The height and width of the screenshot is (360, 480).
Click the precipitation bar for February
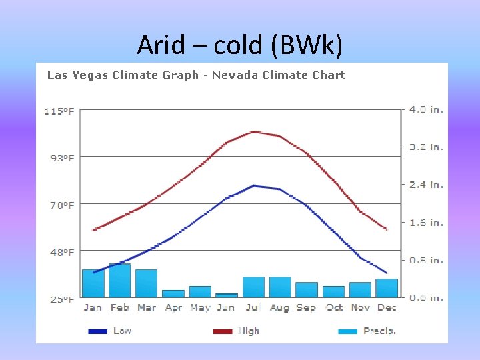[x=120, y=281]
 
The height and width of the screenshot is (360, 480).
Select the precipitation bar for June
[x=227, y=295]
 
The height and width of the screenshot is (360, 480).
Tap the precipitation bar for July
[x=253, y=287]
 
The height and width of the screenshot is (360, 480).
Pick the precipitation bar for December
[x=387, y=288]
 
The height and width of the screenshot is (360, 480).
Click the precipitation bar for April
[x=173, y=293]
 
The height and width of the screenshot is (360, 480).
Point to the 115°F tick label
[x=59, y=111]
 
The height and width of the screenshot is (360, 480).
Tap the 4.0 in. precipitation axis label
[x=427, y=109]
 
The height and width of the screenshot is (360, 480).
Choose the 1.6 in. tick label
[x=427, y=223]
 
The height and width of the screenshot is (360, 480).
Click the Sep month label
[x=306, y=307]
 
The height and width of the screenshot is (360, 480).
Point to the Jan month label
[x=93, y=307]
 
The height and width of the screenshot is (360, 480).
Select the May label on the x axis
[x=200, y=307]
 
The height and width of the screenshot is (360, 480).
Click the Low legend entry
[x=122, y=331]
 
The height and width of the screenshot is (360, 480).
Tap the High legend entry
[x=248, y=331]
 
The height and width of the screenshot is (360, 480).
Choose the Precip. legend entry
[x=379, y=331]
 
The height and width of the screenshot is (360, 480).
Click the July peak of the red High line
[x=254, y=131]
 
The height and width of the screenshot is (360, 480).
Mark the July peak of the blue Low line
[x=254, y=185]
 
